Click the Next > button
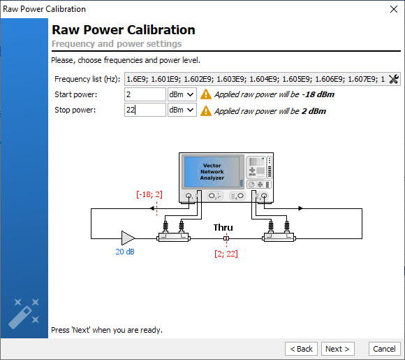337,349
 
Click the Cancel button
384,349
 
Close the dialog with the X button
394,9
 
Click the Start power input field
145,94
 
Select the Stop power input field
145,110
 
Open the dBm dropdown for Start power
182,94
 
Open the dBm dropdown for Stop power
182,110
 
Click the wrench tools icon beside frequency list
394,79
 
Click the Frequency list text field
256,79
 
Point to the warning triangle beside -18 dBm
206,94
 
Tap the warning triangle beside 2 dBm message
206,110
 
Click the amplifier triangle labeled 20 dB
128,238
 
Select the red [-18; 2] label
149,194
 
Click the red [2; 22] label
226,254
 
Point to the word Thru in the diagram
223,228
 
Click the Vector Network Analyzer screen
212,171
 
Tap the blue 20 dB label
125,252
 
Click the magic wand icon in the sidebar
24,314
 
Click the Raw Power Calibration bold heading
124,30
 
